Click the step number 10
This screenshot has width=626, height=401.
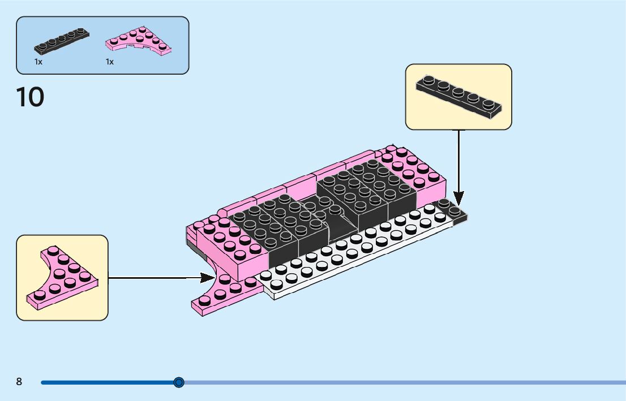[x=31, y=97]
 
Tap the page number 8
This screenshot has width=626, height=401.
[x=19, y=382]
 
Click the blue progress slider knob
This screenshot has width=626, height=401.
[x=179, y=382]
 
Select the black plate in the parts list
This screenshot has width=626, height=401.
[x=62, y=41]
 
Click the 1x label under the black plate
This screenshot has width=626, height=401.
[x=38, y=62]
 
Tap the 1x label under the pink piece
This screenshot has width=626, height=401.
[x=110, y=62]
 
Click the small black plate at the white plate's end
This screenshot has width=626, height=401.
[x=453, y=210]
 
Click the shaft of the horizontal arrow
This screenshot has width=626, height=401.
[x=153, y=277]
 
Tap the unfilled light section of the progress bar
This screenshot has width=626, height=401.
[x=396, y=382]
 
